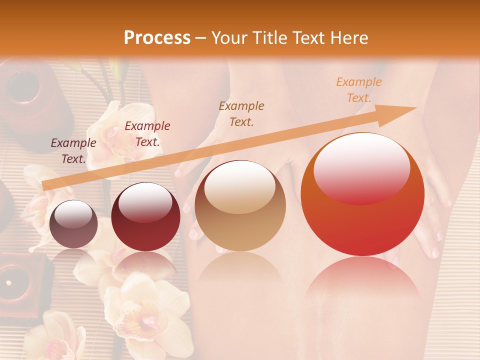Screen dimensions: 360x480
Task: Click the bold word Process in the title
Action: point(157,38)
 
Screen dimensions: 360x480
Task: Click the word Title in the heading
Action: point(269,38)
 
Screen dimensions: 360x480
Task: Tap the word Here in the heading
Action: point(349,38)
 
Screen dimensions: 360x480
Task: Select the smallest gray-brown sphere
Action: point(73,224)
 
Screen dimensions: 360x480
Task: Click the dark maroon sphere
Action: point(145,216)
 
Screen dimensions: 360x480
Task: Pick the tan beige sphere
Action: point(240,205)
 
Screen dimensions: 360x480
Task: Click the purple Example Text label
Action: point(73,151)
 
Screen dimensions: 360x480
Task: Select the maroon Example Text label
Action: point(147,134)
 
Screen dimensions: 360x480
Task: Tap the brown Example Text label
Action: point(241,113)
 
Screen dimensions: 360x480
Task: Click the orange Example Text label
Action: point(358,90)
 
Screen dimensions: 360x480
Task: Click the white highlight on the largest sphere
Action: point(361,167)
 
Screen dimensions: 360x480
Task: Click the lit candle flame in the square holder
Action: point(8,282)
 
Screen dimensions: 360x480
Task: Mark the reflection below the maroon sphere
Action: point(145,265)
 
